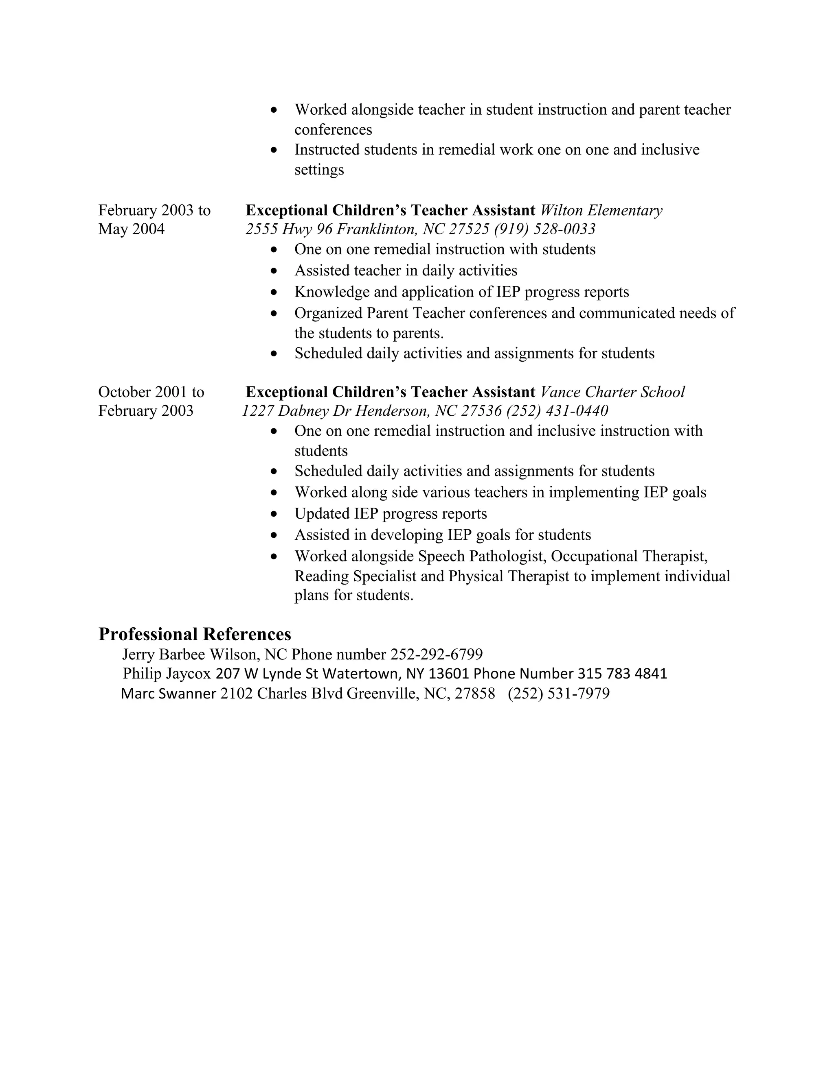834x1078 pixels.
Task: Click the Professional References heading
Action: coord(195,634)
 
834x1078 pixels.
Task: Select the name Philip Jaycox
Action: coord(167,674)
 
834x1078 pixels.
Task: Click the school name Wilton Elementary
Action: coord(601,210)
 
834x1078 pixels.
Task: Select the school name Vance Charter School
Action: coord(612,392)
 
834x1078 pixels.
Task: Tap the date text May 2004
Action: coord(132,229)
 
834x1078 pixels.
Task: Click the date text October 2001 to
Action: coord(151,392)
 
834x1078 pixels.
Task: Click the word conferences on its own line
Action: coord(333,130)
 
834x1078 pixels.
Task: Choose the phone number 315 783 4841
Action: coord(622,674)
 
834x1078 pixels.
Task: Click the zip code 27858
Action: coord(474,694)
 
